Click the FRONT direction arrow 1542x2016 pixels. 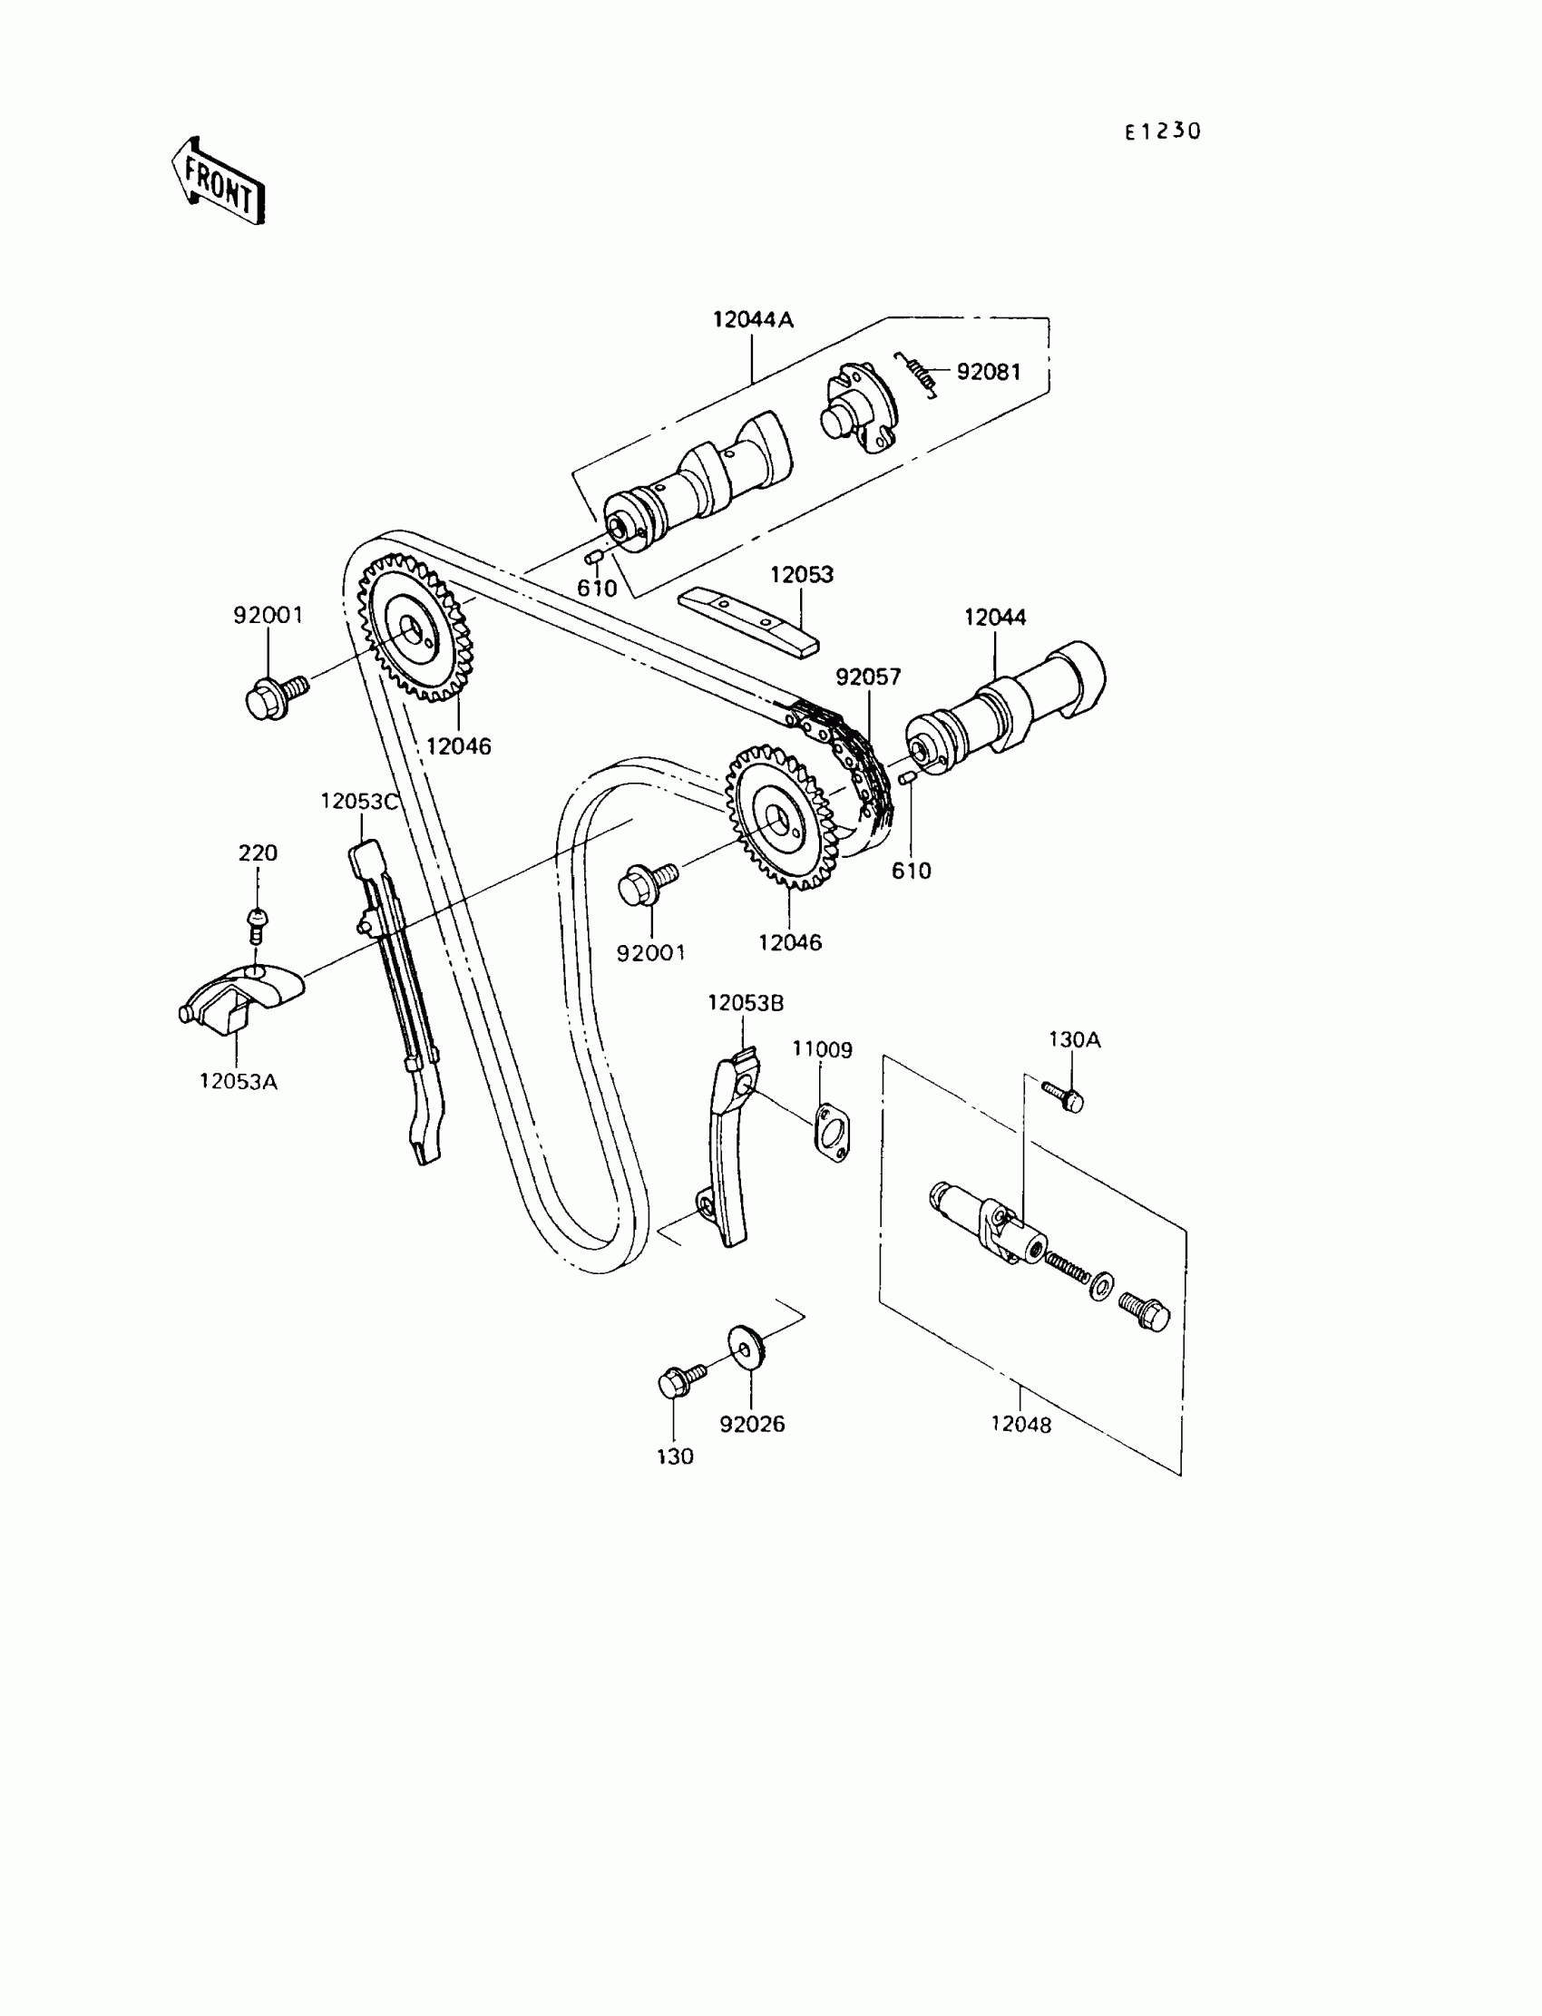tap(219, 181)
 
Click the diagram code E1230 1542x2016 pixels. tap(1162, 132)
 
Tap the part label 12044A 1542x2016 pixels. tap(753, 320)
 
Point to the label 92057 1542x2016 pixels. tap(867, 677)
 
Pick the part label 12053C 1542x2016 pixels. tap(359, 802)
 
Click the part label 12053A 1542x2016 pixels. tap(238, 1082)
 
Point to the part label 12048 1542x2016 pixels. tap(1020, 1425)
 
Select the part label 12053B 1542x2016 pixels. tap(746, 1004)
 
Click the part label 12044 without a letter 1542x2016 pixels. tap(995, 618)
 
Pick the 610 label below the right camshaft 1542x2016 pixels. tap(911, 871)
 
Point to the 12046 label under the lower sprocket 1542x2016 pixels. tap(789, 942)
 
